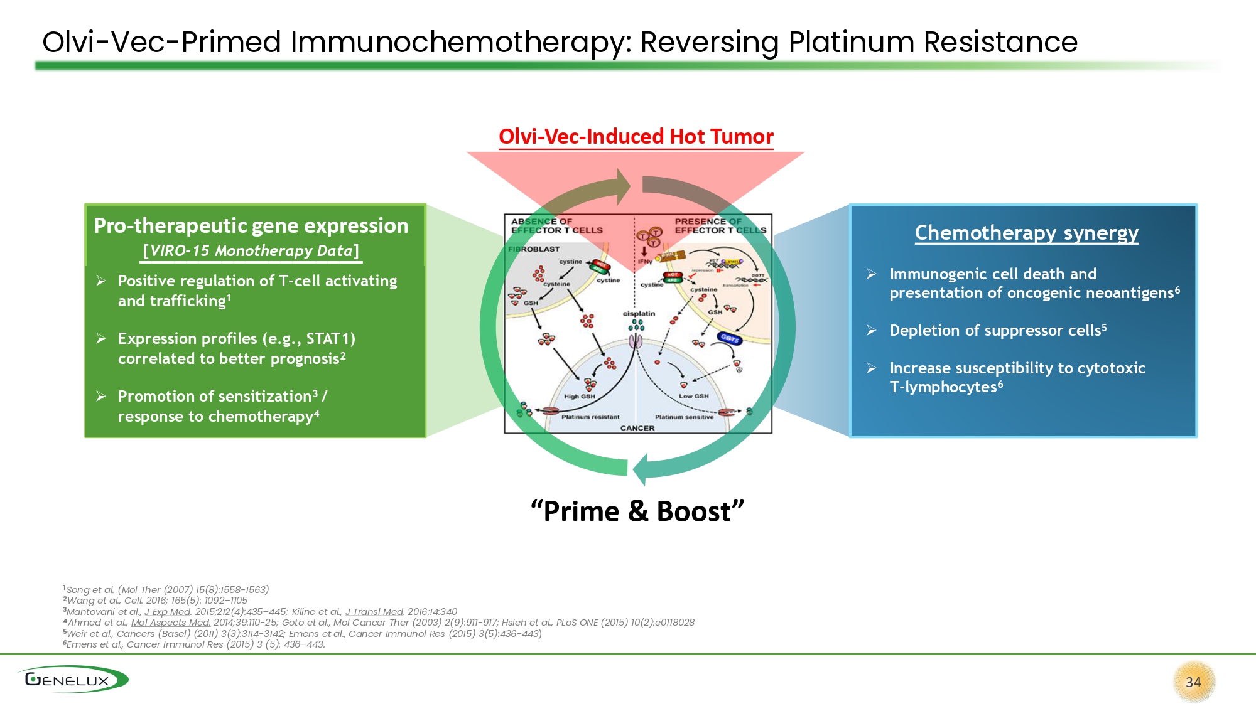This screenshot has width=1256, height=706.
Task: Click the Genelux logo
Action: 72,680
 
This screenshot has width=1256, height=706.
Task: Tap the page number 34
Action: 1193,682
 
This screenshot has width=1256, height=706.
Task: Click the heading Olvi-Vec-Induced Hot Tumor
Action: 636,137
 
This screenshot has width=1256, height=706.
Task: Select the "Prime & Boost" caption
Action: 637,511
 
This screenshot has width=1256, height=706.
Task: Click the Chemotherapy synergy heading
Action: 1026,233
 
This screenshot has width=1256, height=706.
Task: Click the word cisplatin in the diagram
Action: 639,314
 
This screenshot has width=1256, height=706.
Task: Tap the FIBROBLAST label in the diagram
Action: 534,249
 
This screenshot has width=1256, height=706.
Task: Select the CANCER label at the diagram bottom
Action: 637,428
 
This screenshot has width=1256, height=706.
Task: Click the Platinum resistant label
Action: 590,417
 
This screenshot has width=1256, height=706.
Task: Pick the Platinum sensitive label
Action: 684,417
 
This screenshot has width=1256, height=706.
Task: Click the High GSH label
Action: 579,397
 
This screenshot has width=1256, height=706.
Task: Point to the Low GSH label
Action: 693,396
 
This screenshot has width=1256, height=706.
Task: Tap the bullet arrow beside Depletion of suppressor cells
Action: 872,331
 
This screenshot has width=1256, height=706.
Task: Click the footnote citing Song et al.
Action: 166,590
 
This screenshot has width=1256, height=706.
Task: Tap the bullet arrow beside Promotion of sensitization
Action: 101,397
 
